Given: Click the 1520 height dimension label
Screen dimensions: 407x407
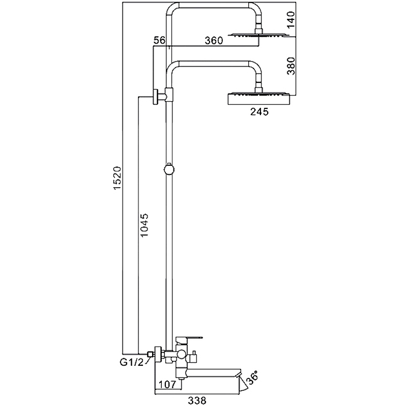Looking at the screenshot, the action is (118, 178).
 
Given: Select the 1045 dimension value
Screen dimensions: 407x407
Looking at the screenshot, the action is (144, 225).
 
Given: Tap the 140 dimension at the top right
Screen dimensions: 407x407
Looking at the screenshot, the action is (291, 20).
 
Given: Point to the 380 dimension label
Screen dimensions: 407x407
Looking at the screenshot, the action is (291, 66).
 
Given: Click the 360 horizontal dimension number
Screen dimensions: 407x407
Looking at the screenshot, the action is (214, 41).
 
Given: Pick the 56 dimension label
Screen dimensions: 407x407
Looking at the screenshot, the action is (159, 41).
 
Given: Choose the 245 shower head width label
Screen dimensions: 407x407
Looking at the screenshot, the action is (259, 111).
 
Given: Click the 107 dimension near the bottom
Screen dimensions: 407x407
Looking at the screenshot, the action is (167, 384).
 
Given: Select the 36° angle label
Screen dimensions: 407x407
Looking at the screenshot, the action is (252, 377).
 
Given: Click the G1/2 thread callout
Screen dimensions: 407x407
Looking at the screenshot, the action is (132, 362).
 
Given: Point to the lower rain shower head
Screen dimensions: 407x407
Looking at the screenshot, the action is (259, 99).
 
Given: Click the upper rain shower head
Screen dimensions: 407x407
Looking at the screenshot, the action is (259, 35).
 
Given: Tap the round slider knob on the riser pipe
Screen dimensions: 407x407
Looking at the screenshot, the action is (169, 169).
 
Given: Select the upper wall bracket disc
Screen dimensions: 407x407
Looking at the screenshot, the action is (156, 97).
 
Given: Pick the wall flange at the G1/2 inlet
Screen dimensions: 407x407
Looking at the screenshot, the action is (158, 354).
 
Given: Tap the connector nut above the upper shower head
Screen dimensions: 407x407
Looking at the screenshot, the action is (259, 30).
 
